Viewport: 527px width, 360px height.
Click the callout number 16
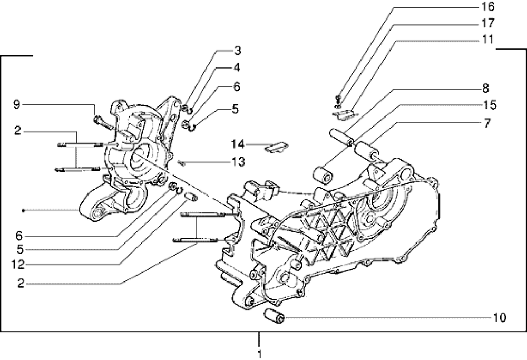coord(487,6)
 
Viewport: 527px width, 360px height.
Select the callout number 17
coord(487,23)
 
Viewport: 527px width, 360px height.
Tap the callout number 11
coord(487,40)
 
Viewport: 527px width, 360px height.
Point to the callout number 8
coord(485,88)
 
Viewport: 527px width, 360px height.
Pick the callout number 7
coord(487,122)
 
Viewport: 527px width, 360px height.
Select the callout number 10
coord(500,317)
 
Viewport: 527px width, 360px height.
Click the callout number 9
coord(17,104)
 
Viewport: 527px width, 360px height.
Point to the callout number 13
coord(238,162)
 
